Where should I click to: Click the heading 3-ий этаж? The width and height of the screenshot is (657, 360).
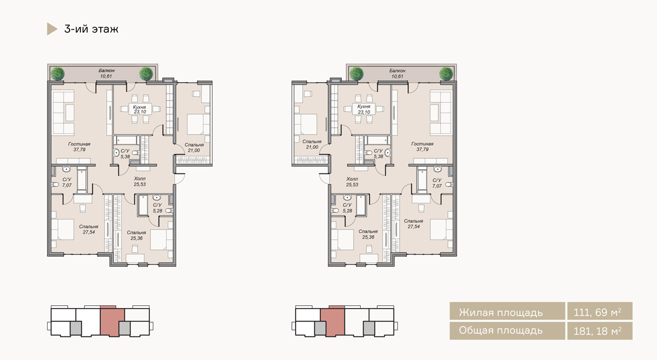pos(91,29)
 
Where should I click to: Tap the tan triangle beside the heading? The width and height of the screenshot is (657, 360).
pos(51,29)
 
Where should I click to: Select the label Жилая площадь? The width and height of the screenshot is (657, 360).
pos(500,312)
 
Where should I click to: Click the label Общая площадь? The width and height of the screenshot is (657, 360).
pos(500,330)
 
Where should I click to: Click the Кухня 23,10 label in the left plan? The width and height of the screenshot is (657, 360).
pos(140,109)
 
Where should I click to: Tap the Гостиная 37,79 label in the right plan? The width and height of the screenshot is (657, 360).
pos(422,147)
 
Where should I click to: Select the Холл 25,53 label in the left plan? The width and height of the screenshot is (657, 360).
pos(140,182)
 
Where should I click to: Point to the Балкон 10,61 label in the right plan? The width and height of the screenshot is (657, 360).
pos(397,73)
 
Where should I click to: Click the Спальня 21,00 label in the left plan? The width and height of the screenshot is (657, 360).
pos(194,148)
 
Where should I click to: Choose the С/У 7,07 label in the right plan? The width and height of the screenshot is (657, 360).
pos(437,183)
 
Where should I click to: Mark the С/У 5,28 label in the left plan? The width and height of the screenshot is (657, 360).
pos(158,207)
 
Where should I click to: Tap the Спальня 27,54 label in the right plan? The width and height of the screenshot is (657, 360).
pos(413,224)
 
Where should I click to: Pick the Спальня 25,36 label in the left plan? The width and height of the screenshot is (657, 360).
pos(136,235)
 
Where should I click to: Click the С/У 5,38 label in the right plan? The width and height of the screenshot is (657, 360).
pos(378,154)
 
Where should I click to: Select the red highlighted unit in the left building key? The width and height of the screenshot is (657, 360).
pos(112,321)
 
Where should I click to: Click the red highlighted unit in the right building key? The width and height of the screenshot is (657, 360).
pos(333,321)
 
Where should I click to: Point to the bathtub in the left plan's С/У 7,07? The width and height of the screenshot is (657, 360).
pos(82,179)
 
